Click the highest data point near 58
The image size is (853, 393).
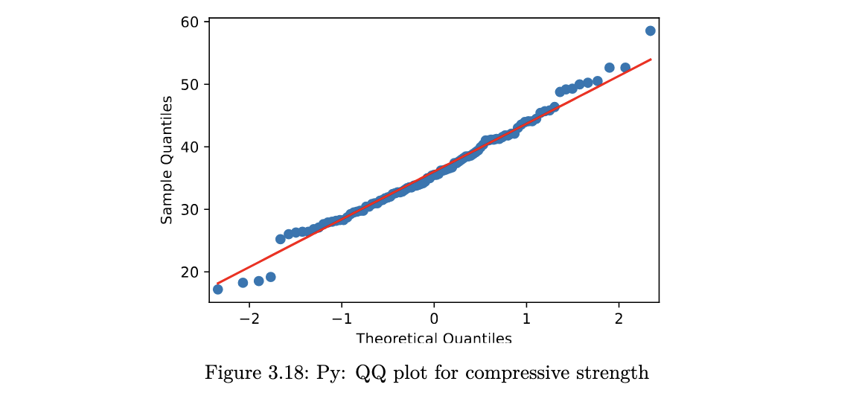coord(650,31)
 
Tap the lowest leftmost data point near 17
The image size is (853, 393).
coord(217,289)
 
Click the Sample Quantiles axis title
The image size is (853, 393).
coord(167,159)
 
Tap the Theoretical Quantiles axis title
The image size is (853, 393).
coord(434,339)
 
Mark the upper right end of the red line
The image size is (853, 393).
coord(651,59)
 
